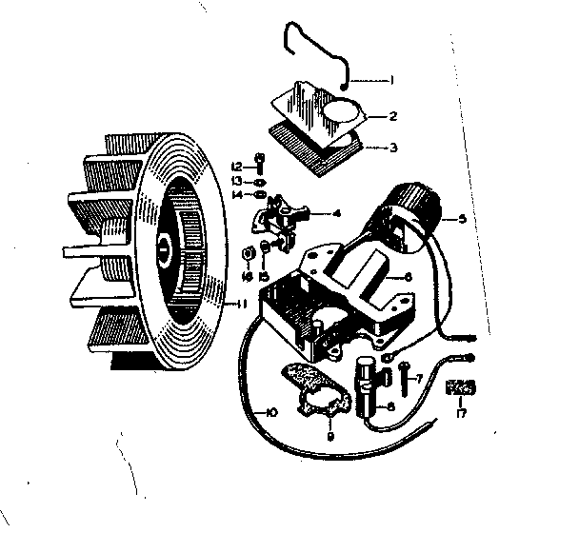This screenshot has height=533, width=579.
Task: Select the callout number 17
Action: [x=462, y=414]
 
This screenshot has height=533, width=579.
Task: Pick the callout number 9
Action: [x=329, y=437]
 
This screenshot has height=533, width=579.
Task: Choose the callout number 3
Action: [x=391, y=148]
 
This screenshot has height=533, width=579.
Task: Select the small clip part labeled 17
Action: [x=461, y=389]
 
